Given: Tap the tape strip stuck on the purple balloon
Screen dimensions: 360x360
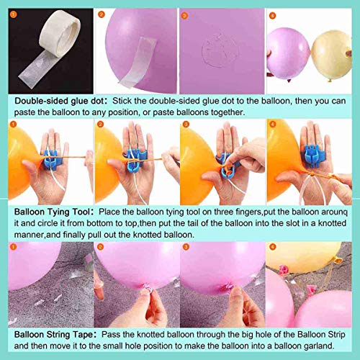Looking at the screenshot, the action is point(138,63).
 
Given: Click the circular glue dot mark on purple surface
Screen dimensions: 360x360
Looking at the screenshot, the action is point(220,51).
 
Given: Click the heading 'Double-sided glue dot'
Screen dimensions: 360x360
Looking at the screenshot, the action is point(60,101).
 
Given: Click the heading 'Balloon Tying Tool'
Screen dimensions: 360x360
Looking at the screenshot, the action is point(52,212).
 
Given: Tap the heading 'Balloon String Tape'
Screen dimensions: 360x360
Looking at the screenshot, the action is point(53,334).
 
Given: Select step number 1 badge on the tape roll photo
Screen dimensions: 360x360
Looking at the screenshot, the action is point(14,14).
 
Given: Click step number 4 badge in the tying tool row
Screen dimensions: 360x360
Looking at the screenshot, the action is point(272,124).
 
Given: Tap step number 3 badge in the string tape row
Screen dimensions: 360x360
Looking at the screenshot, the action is point(186,246).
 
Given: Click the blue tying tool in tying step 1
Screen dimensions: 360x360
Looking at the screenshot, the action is point(51,159).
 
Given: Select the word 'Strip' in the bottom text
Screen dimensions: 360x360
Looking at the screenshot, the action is point(336,334).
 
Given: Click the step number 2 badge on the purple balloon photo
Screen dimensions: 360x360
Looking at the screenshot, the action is point(102,14).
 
